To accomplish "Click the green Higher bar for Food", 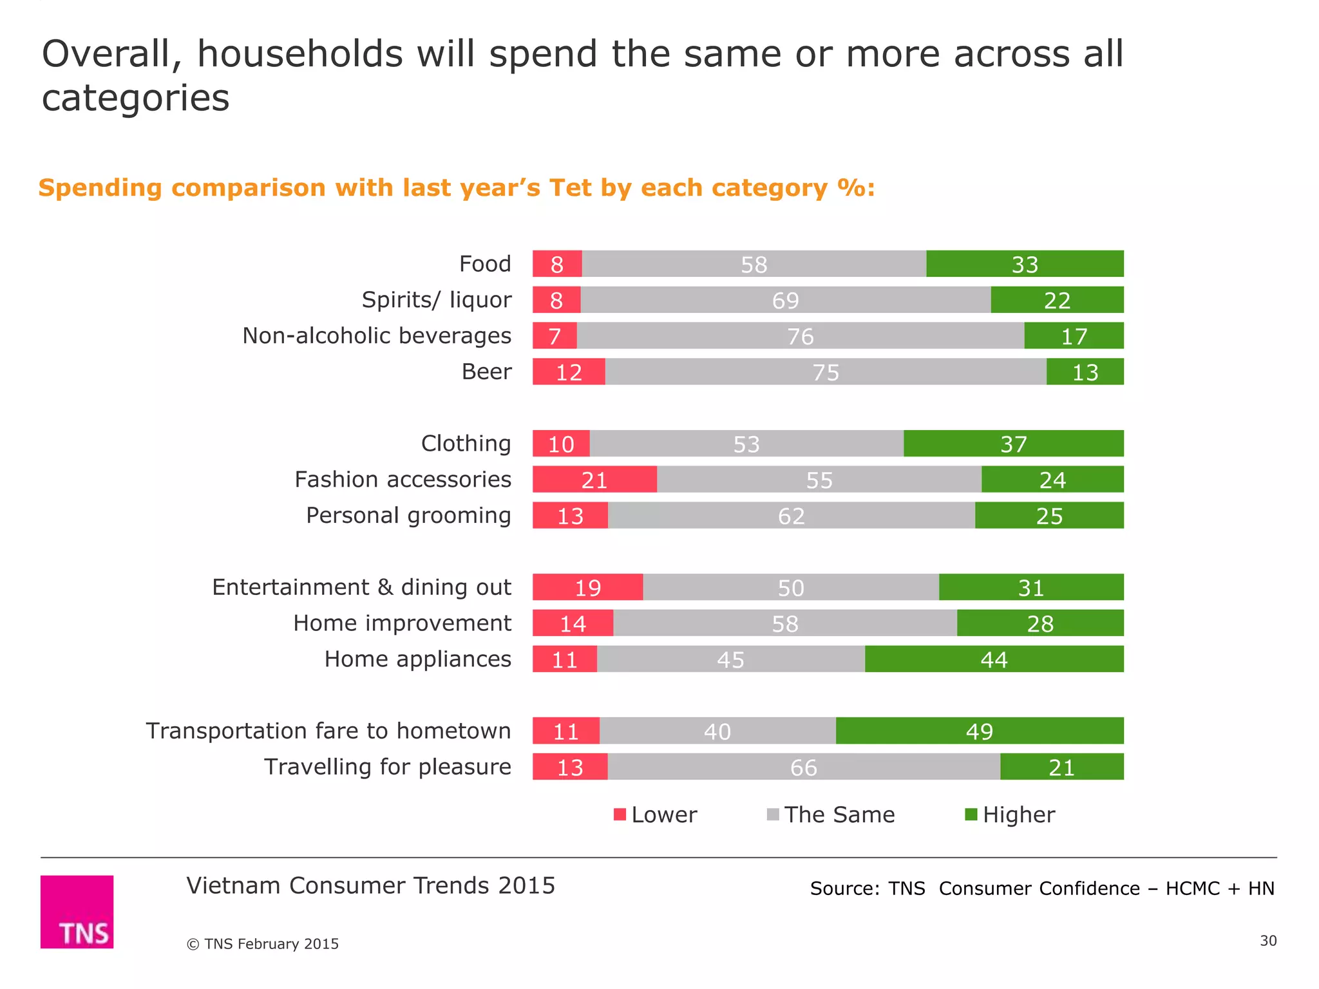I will pos(1025,264).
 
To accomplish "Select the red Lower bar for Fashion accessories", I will pos(594,480).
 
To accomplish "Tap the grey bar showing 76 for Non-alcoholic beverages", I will pos(800,336).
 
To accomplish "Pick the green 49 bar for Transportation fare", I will pos(979,731).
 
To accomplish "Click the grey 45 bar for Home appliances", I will pos(730,659).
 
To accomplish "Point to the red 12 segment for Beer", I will pos(569,372).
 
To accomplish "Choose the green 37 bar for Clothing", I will pos(1013,444).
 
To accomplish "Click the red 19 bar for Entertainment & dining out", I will pos(587,587).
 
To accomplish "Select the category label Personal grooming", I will pos(408,516).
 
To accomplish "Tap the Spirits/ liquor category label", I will pos(436,300).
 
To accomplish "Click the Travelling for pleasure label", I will pos(387,767).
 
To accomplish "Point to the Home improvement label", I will pos(402,623).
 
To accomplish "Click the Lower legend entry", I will pos(656,815).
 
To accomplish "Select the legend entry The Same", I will pos(831,815).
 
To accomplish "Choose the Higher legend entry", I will pos(1010,815).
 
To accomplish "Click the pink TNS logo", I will pos(77,912).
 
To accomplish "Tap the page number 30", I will pos(1267,941).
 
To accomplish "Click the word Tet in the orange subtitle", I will pos(570,188).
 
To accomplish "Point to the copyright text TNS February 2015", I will pos(263,944).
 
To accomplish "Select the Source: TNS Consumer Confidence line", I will pos(1041,889).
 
